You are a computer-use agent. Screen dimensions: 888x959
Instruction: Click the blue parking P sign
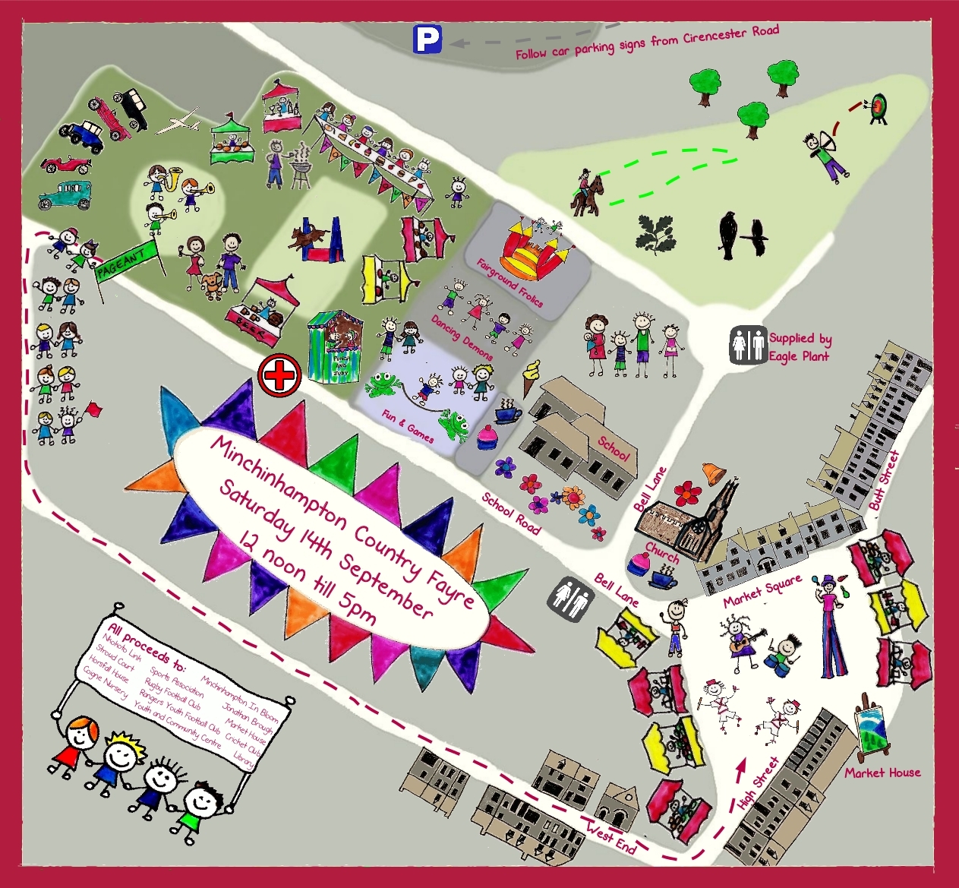click(x=427, y=40)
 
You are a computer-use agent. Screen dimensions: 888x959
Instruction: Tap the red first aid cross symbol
click(x=279, y=375)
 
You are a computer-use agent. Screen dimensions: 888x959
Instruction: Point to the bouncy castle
click(x=535, y=245)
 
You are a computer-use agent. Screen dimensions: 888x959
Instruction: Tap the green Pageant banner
click(x=125, y=261)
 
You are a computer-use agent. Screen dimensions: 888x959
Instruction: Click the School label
click(x=614, y=447)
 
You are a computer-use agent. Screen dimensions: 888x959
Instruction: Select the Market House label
click(x=882, y=773)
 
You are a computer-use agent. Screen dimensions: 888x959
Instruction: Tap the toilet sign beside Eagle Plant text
click(x=748, y=346)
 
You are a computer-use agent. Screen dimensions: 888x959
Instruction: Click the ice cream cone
click(x=532, y=377)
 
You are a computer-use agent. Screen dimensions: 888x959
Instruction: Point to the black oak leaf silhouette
click(x=655, y=233)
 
